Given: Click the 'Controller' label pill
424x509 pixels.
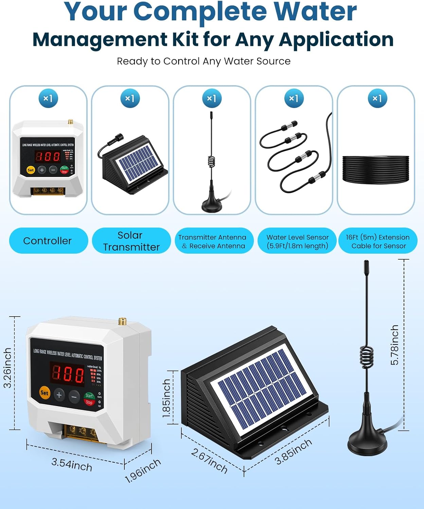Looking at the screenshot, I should pos(48,241).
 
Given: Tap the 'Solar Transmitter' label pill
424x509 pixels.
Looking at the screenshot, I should pos(131,241).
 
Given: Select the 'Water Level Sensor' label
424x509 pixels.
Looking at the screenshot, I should pos(297,241).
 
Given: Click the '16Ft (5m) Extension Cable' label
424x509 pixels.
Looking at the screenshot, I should pos(378,241).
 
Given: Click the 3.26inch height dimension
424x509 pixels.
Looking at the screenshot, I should pos(7,367).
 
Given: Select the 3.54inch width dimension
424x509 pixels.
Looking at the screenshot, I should pos(72,465).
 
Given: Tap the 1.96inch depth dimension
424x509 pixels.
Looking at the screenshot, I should pos(143,471).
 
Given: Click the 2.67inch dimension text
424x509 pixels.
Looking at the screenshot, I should pos(209,460).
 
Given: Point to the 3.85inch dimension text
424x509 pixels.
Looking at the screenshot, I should pos(293,451).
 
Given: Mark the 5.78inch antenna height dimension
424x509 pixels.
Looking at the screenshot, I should pos(394,345).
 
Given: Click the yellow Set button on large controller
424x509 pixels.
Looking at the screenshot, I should pos(45,393).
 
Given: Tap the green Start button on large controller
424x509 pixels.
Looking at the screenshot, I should pos(89,395).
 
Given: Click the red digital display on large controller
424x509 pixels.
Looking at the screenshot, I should pos(68,374).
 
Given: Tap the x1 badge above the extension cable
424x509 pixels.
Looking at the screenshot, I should pos(377,98).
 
